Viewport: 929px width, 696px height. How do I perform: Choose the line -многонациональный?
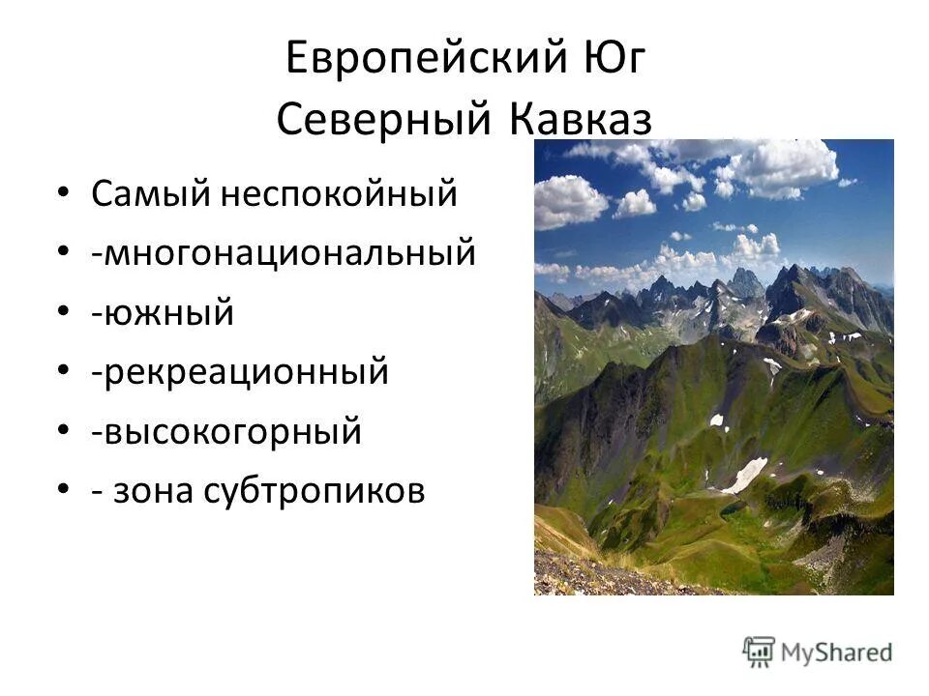click(x=284, y=254)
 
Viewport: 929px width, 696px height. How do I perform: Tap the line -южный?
click(x=163, y=313)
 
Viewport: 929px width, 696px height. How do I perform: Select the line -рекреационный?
click(x=240, y=372)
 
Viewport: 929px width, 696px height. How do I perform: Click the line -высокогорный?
click(x=226, y=431)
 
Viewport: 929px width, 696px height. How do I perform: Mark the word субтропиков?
click(x=315, y=491)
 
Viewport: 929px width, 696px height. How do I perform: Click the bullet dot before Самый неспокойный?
click(x=64, y=192)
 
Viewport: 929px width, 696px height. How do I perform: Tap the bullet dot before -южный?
click(x=64, y=311)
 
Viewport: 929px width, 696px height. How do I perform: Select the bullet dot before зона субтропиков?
click(x=64, y=489)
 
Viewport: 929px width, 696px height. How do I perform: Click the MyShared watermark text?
click(x=836, y=652)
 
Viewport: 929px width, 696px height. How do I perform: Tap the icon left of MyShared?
click(x=760, y=652)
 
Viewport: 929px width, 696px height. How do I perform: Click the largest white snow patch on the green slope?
click(x=745, y=475)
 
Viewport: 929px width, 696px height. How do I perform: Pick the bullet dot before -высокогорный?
click(x=64, y=429)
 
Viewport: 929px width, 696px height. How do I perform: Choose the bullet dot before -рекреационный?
click(x=64, y=370)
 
